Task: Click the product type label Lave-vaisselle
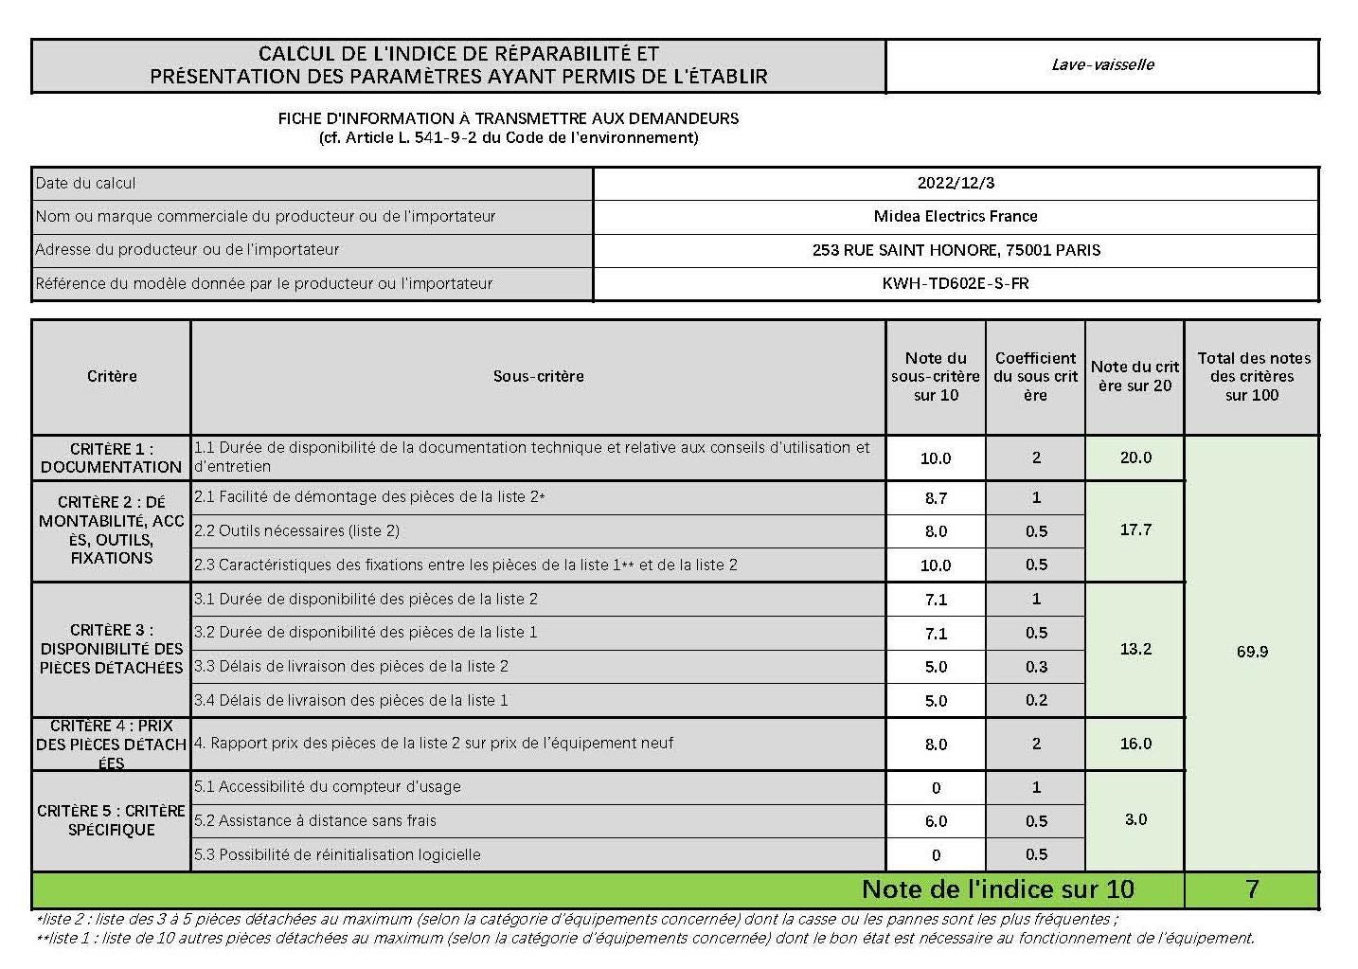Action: point(1102,64)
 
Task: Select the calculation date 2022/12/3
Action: point(956,183)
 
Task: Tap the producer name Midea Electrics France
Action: point(956,216)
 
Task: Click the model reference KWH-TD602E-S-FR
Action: point(956,283)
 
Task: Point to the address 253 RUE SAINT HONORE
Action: point(956,250)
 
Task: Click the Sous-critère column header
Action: point(538,376)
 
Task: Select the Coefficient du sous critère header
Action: point(1035,376)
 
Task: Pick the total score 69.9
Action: point(1252,652)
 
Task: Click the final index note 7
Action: point(1252,889)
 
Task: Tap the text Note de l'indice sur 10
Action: point(997,889)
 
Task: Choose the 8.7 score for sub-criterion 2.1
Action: point(936,497)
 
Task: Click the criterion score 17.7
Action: point(1135,529)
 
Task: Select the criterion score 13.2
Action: point(1135,649)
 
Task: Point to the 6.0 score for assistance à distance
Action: point(936,821)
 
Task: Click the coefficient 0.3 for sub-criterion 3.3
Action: point(1036,667)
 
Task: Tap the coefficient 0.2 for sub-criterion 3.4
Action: point(1036,700)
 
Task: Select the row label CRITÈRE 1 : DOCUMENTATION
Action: point(111,458)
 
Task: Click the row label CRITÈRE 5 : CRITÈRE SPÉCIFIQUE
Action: point(111,820)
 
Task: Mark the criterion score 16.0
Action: point(1135,744)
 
